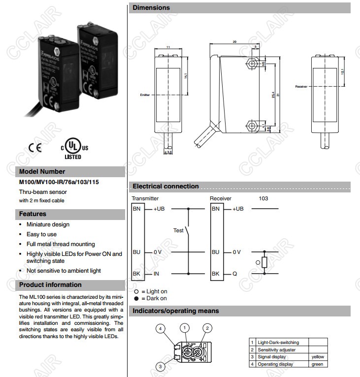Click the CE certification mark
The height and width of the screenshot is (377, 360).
(35, 147)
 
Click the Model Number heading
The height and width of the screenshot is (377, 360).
(42, 172)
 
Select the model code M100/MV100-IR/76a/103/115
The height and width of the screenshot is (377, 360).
(59, 182)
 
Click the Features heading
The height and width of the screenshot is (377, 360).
(33, 214)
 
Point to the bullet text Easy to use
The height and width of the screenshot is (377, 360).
(41, 234)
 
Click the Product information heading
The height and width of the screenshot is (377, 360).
(50, 285)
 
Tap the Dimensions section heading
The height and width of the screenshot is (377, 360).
(151, 7)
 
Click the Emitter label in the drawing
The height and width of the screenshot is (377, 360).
(144, 94)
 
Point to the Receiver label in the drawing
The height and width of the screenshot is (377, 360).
(301, 86)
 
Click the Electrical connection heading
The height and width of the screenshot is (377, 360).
(165, 187)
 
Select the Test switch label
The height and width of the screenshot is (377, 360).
(178, 230)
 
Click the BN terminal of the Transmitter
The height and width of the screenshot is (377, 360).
(136, 209)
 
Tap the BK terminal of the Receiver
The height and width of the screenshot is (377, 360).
(215, 274)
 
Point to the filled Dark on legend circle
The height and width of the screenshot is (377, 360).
(136, 298)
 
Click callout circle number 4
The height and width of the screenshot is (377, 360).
(160, 328)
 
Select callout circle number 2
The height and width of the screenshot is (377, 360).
(207, 328)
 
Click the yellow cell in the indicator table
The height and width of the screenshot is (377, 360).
(318, 356)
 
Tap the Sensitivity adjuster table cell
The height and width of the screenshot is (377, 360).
(277, 349)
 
